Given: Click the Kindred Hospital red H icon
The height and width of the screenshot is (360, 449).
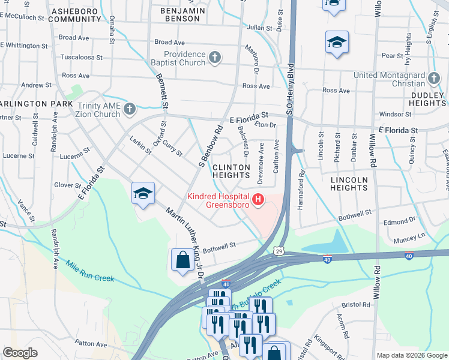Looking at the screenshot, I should pos(258,199).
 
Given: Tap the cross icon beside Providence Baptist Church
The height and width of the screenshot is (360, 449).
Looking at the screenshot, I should pos(215,58).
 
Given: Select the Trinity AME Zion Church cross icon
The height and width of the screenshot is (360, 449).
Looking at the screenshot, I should pos(129,109).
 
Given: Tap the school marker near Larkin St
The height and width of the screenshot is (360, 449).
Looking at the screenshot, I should pos(143,194).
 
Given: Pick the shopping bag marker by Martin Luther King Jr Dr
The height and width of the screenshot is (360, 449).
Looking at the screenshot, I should pos(182,260).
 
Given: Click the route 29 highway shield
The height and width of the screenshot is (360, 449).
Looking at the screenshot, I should pos(279,251).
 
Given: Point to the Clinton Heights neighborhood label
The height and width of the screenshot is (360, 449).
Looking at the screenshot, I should pos(231,171).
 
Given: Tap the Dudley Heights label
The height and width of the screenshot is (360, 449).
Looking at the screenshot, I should pos(429,99).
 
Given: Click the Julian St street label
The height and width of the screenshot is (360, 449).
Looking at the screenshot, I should pos(259,28).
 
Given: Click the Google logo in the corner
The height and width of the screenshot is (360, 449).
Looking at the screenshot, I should pos(20,353).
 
